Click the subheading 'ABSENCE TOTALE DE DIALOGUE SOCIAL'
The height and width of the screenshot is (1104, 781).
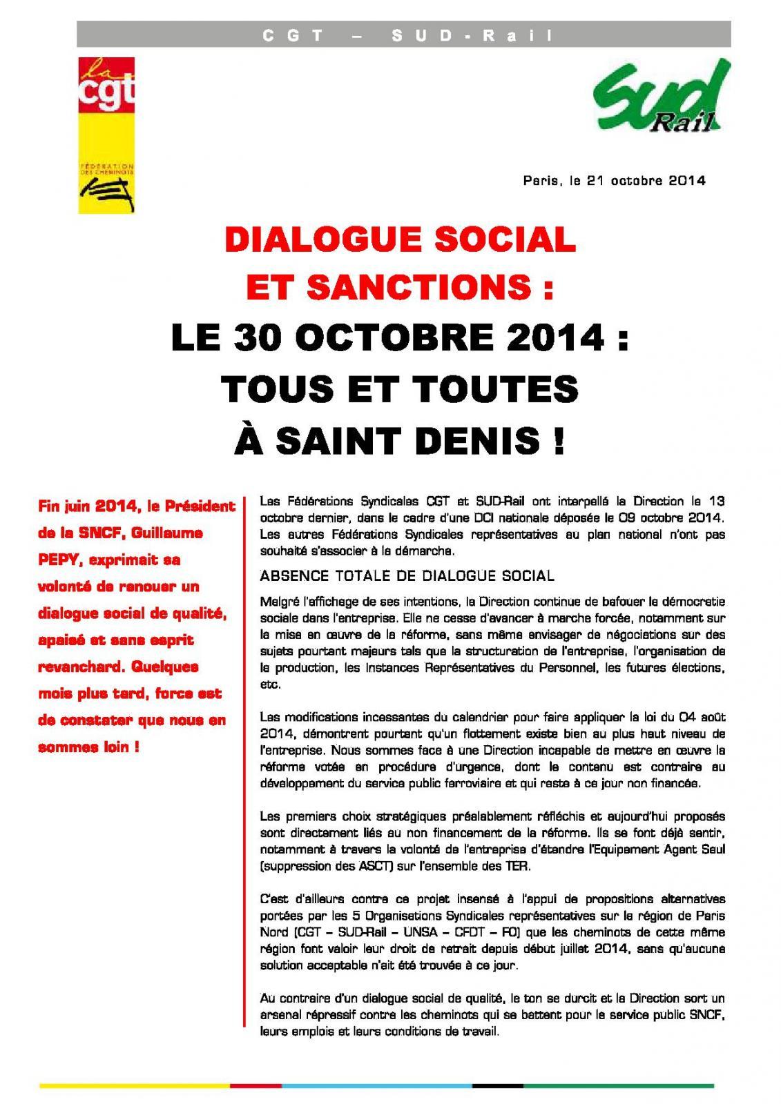[407, 575]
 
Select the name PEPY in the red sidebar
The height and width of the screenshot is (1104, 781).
[59, 560]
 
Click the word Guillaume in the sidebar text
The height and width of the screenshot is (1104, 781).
[170, 533]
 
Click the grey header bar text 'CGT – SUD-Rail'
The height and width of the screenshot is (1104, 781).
[403, 35]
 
